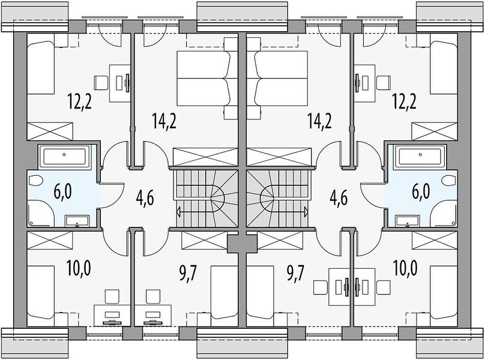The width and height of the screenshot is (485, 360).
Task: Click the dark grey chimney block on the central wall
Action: (242, 244)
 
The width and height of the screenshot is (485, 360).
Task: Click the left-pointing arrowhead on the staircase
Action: (178, 212)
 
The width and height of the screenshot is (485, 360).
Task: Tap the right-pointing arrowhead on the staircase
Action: (306, 212)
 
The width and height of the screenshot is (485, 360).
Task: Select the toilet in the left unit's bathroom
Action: (35, 181)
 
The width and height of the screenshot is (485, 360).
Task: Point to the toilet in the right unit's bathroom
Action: (449, 181)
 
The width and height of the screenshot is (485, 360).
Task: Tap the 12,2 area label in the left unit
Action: (79, 101)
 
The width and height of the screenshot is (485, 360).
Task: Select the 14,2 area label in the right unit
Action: (319, 121)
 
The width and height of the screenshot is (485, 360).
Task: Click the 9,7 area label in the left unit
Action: (188, 274)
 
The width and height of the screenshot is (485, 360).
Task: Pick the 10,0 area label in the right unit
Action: (405, 268)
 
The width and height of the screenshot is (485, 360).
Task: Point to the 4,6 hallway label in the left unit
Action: (145, 198)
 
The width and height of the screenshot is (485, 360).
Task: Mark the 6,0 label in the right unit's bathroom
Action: (421, 191)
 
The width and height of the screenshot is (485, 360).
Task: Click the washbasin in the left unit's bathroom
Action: (77, 221)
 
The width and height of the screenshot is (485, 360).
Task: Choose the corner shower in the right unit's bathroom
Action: (444, 214)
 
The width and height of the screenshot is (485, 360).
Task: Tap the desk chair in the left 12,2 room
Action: (101, 83)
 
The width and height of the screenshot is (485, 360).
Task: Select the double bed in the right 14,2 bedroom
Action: (282, 78)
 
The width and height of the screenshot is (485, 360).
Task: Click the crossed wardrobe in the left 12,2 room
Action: (50, 131)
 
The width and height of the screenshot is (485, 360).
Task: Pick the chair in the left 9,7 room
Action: (153, 296)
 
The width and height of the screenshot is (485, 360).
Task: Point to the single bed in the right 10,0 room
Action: (444, 292)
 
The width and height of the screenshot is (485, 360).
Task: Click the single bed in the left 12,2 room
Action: (41, 68)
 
